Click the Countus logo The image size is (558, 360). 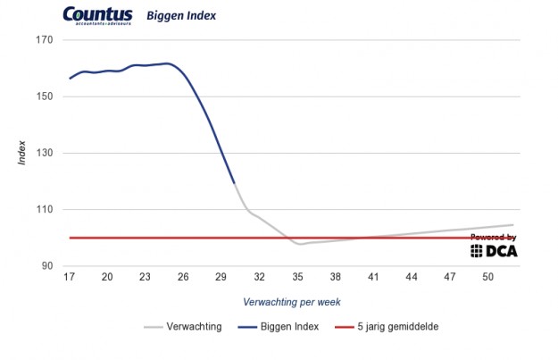(x=98, y=15)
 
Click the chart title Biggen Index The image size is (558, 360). (x=181, y=16)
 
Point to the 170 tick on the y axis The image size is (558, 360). (x=45, y=40)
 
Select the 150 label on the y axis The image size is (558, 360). (x=45, y=96)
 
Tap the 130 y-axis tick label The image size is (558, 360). (x=45, y=153)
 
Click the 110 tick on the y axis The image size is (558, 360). (x=45, y=209)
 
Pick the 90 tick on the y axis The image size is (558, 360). (x=46, y=265)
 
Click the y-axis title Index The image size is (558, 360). (x=21, y=153)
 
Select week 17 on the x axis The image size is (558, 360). (x=69, y=278)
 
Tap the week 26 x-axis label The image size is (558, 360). (x=183, y=278)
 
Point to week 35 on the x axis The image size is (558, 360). (x=298, y=278)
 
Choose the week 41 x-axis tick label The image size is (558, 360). (x=374, y=278)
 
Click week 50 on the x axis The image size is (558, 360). (x=488, y=278)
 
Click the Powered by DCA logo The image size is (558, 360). (x=494, y=246)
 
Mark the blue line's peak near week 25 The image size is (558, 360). (x=168, y=63)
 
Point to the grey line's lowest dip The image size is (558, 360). (x=301, y=244)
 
